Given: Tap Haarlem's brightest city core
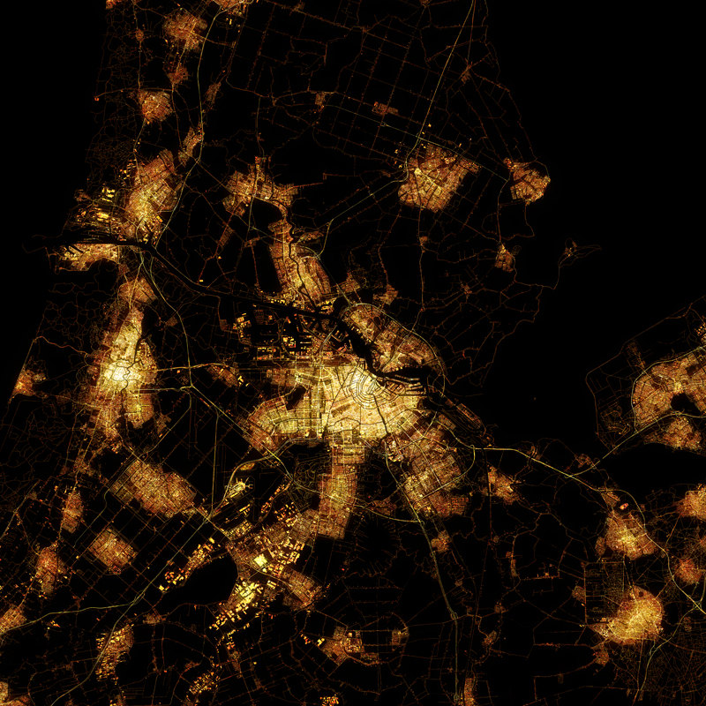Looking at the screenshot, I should click(118, 374).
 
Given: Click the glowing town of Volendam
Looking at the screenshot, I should click(528, 180).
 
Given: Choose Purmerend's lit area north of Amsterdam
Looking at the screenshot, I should click(437, 176).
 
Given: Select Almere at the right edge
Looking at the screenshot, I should click(666, 388).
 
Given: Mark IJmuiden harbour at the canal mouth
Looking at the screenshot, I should click(84, 252).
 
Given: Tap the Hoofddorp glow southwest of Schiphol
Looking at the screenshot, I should click(159, 485).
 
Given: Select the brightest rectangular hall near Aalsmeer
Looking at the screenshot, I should click(260, 560).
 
